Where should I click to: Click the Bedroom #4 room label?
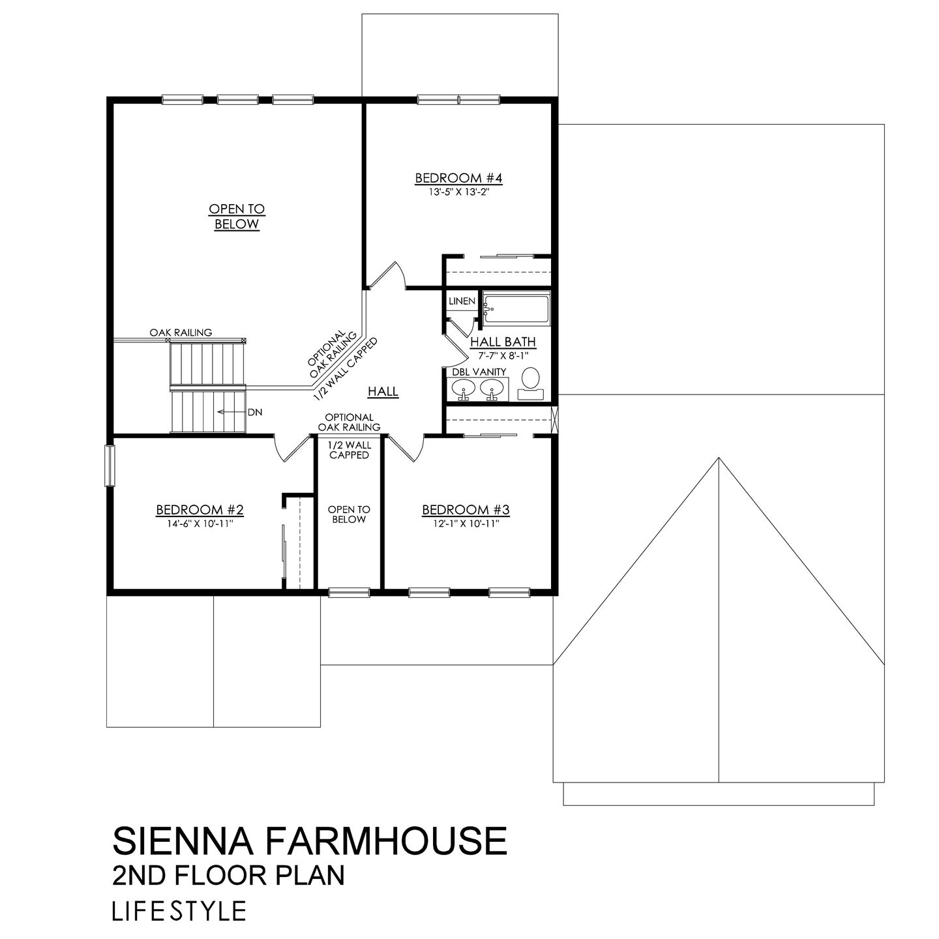point(458,178)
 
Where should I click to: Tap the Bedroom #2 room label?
point(200,509)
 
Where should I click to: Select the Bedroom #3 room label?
point(466,509)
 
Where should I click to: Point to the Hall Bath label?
point(503,341)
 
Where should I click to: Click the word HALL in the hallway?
point(383,391)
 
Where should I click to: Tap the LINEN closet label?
point(462,301)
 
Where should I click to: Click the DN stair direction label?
point(255,412)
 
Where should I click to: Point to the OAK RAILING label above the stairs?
point(181,333)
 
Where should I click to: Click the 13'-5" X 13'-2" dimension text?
point(458,192)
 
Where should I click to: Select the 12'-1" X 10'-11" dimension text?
point(466,523)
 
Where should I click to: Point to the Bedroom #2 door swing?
point(290,449)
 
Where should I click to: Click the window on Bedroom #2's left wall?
point(110,465)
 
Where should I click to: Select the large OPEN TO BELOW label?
point(237,216)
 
